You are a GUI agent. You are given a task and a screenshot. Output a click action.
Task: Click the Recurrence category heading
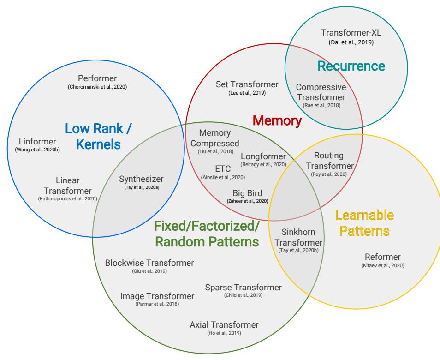351,66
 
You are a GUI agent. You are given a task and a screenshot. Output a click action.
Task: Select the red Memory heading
277,121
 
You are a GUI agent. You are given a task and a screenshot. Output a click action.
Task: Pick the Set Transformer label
247,84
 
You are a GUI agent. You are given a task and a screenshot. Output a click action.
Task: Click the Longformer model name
263,156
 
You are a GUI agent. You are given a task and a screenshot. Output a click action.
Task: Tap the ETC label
223,168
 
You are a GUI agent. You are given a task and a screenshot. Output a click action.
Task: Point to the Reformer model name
382,257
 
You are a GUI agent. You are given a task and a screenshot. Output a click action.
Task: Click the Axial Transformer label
224,324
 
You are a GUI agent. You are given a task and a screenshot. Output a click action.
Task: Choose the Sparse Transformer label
243,287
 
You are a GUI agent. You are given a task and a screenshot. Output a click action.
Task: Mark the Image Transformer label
157,296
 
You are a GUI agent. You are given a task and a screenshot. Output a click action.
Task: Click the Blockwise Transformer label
149,263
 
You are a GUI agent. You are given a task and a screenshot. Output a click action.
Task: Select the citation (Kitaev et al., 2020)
382,265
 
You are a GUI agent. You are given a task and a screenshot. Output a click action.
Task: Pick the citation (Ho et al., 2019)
224,333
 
